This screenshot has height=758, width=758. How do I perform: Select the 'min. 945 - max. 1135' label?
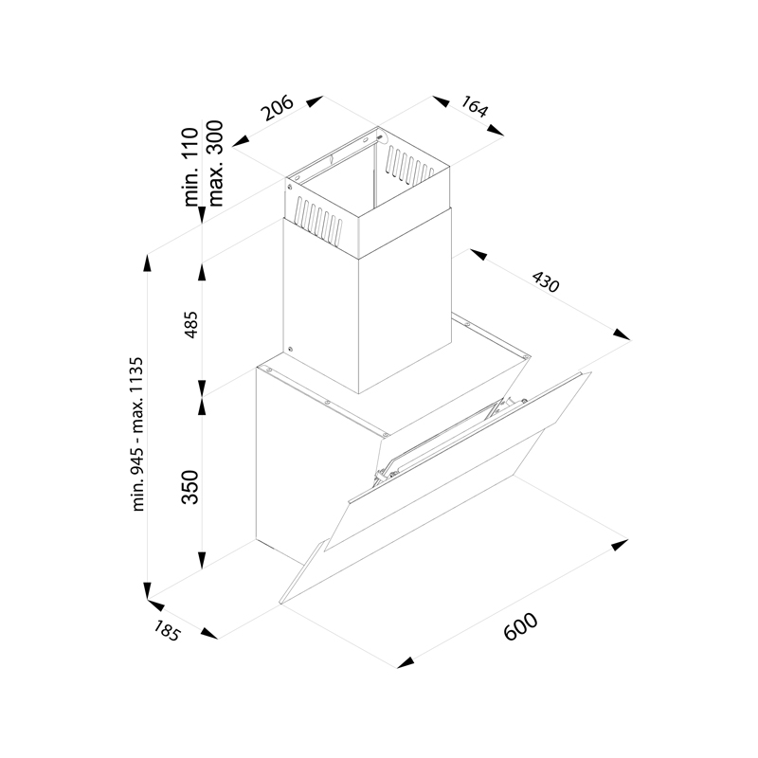pyautogui.click(x=138, y=434)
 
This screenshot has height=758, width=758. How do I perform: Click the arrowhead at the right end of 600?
pyautogui.click(x=620, y=545)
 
